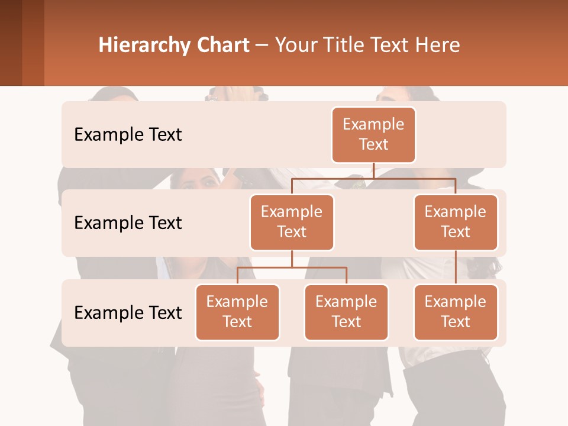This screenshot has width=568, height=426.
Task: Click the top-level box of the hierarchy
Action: (x=373, y=134)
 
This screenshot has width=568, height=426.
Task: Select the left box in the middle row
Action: (x=292, y=222)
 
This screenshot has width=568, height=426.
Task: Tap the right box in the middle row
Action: (x=456, y=222)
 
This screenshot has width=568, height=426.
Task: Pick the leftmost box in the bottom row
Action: (x=237, y=312)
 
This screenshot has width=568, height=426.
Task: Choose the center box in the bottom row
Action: (x=346, y=312)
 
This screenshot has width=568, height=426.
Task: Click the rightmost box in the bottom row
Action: (x=456, y=312)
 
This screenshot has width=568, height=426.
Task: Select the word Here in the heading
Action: (x=438, y=46)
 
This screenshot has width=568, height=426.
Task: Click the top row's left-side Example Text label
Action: (x=128, y=135)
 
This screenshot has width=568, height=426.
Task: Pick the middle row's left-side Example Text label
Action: (x=128, y=223)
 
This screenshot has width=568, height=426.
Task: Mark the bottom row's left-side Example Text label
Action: (x=128, y=312)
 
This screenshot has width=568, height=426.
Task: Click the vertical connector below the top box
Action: (x=373, y=170)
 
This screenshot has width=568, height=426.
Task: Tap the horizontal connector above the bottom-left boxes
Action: (x=292, y=267)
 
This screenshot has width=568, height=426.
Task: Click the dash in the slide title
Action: (x=262, y=46)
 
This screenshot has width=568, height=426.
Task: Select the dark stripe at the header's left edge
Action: (x=11, y=43)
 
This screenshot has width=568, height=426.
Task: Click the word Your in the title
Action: (x=296, y=46)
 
